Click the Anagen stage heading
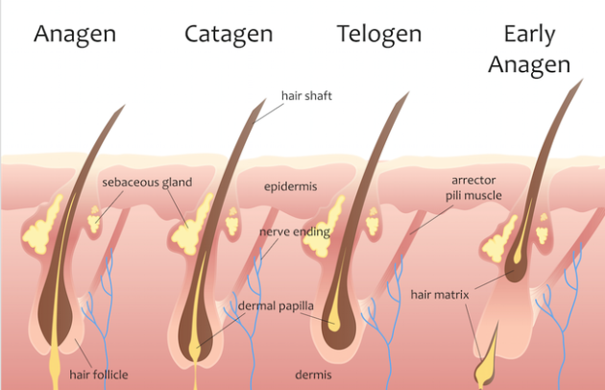tap(75, 35)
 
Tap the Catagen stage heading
tap(229, 35)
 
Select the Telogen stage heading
tap(379, 35)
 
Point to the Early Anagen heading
tap(529, 50)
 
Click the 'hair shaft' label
tap(305, 96)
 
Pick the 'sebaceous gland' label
tap(148, 182)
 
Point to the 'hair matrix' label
tap(439, 294)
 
